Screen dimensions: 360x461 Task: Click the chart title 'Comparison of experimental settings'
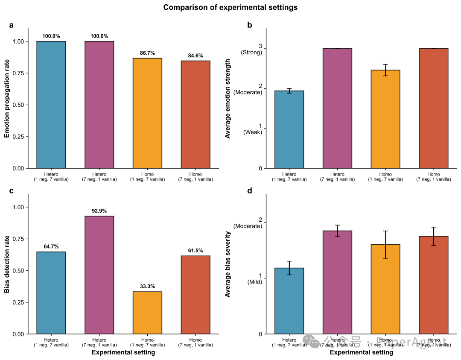click(x=230, y=7)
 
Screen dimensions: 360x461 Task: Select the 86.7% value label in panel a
click(x=147, y=53)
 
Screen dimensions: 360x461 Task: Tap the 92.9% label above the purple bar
click(x=99, y=211)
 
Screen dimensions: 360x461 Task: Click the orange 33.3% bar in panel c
click(x=147, y=313)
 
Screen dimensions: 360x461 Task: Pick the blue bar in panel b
click(x=289, y=129)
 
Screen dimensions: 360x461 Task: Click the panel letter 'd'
click(x=250, y=191)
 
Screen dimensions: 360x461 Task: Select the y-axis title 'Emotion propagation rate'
click(x=7, y=98)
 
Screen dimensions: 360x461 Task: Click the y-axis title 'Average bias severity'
click(x=228, y=264)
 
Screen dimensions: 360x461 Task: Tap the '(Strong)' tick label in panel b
click(x=251, y=53)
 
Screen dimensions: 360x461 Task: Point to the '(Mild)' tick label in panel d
click(x=254, y=282)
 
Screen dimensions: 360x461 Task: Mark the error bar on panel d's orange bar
click(x=385, y=244)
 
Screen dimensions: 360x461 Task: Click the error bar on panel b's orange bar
click(x=385, y=70)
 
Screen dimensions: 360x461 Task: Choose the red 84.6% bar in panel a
click(x=195, y=114)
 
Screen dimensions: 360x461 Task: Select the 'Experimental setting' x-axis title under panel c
click(x=123, y=353)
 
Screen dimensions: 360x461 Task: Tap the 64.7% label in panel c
click(x=51, y=247)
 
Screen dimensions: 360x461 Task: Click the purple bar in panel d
click(x=337, y=282)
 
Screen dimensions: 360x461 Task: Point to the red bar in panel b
click(x=434, y=108)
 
